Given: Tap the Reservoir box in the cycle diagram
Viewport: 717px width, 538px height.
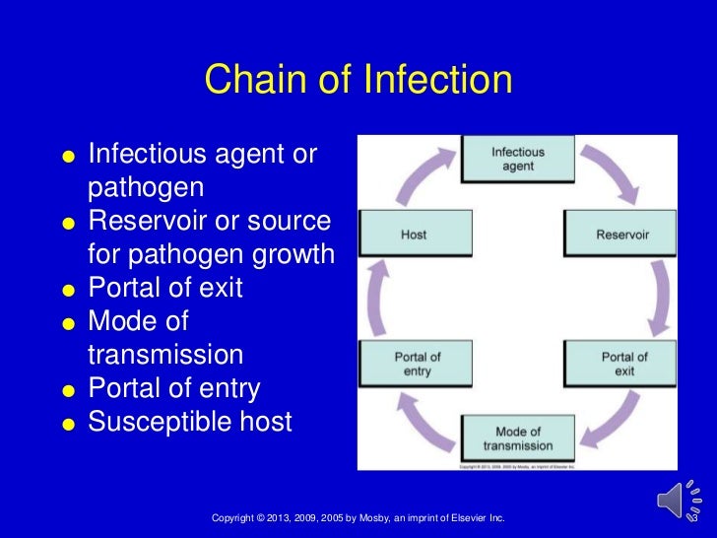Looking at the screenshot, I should point(621,235).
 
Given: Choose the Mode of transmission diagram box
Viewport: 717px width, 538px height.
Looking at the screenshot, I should point(518,438).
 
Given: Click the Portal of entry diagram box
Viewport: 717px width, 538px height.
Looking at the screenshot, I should point(417,364).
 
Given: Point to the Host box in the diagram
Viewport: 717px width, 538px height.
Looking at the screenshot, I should point(414,235).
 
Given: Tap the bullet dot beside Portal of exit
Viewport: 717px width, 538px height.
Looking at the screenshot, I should point(68,291).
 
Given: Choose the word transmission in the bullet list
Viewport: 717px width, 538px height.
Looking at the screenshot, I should point(164,355).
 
